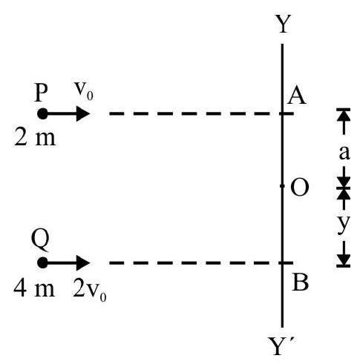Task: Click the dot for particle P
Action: tap(42, 114)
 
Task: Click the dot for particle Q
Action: tap(42, 262)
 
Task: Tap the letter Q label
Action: tap(41, 241)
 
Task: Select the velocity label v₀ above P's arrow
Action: tap(84, 91)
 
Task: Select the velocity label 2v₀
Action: tap(90, 292)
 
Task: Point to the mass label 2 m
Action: tap(35, 138)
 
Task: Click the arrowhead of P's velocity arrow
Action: tap(83, 114)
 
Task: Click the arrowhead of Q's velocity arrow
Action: tap(83, 262)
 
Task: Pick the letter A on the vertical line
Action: tap(297, 96)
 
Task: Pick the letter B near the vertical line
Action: tap(301, 282)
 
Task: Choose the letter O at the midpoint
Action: tap(300, 188)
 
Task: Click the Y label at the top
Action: tap(283, 24)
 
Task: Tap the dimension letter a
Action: tap(344, 153)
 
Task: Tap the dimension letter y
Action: tap(344, 224)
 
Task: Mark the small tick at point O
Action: tap(282, 186)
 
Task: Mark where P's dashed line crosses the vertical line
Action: tap(282, 114)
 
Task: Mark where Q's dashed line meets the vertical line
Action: tap(282, 262)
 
